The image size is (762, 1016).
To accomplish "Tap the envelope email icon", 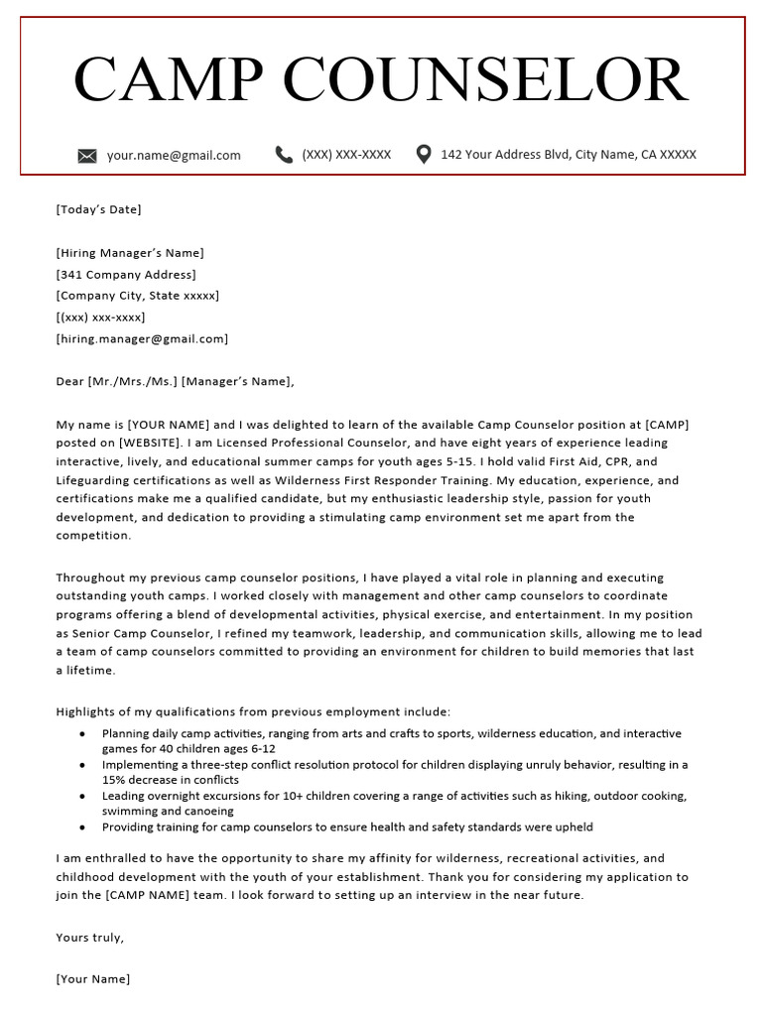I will tap(87, 155).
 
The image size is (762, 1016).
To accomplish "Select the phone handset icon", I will tap(284, 154).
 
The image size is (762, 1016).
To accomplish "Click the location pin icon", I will tap(424, 154).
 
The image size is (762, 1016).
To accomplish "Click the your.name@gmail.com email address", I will tap(174, 155).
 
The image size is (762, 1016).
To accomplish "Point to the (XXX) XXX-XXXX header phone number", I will tap(346, 155).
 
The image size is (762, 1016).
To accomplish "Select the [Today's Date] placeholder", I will tap(98, 209).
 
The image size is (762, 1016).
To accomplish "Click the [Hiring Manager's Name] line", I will tap(130, 253).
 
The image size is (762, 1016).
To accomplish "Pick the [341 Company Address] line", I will tap(126, 275).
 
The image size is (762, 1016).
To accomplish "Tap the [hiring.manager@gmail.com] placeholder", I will tap(142, 339).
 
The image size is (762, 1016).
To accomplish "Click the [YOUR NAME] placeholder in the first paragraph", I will tap(168, 425).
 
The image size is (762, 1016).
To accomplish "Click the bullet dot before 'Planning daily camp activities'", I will tap(81, 734).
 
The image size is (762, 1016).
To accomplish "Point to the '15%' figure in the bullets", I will tap(115, 780).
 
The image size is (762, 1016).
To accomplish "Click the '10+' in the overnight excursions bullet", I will tap(251, 796).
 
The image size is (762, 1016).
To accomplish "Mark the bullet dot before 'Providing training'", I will tap(81, 826).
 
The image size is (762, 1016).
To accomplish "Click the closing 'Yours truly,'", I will tap(90, 937).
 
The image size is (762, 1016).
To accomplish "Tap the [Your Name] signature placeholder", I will tap(93, 979).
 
